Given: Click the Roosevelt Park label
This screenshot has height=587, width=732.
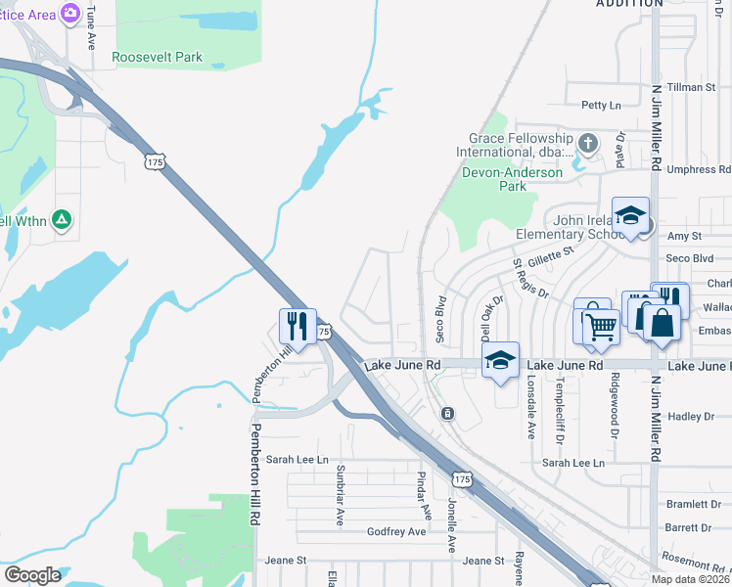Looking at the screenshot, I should pyautogui.click(x=158, y=57).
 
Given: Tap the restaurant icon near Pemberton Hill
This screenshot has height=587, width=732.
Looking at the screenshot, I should pyautogui.click(x=297, y=325).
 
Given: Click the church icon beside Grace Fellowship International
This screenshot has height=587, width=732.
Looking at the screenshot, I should pyautogui.click(x=587, y=144).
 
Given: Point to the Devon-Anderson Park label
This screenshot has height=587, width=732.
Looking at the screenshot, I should pyautogui.click(x=512, y=179).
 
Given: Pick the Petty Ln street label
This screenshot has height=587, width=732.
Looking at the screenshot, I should pyautogui.click(x=601, y=105).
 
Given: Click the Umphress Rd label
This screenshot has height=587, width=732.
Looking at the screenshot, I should pyautogui.click(x=699, y=169).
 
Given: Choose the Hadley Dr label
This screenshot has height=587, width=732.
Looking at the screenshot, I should pyautogui.click(x=691, y=417).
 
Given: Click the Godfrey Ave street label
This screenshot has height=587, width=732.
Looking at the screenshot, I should pyautogui.click(x=396, y=531).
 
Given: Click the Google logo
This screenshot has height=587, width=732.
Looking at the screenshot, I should pyautogui.click(x=32, y=574).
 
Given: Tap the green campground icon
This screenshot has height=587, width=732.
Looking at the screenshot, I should pyautogui.click(x=61, y=220).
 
